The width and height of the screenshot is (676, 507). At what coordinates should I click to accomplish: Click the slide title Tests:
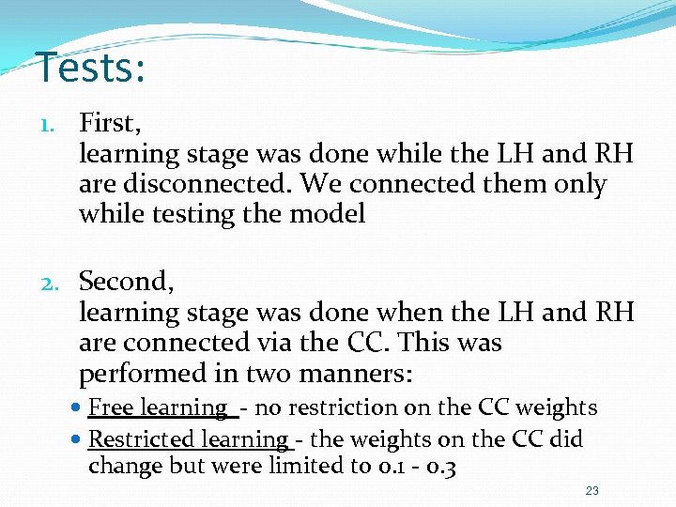(90, 68)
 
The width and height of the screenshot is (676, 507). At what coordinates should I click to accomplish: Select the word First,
(110, 123)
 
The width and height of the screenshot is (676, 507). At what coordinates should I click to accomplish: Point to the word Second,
(127, 282)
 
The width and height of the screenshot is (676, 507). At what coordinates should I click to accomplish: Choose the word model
(328, 215)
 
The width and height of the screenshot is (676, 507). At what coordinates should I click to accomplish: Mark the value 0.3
(440, 467)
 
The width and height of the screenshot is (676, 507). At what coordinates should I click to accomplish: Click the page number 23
(591, 491)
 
